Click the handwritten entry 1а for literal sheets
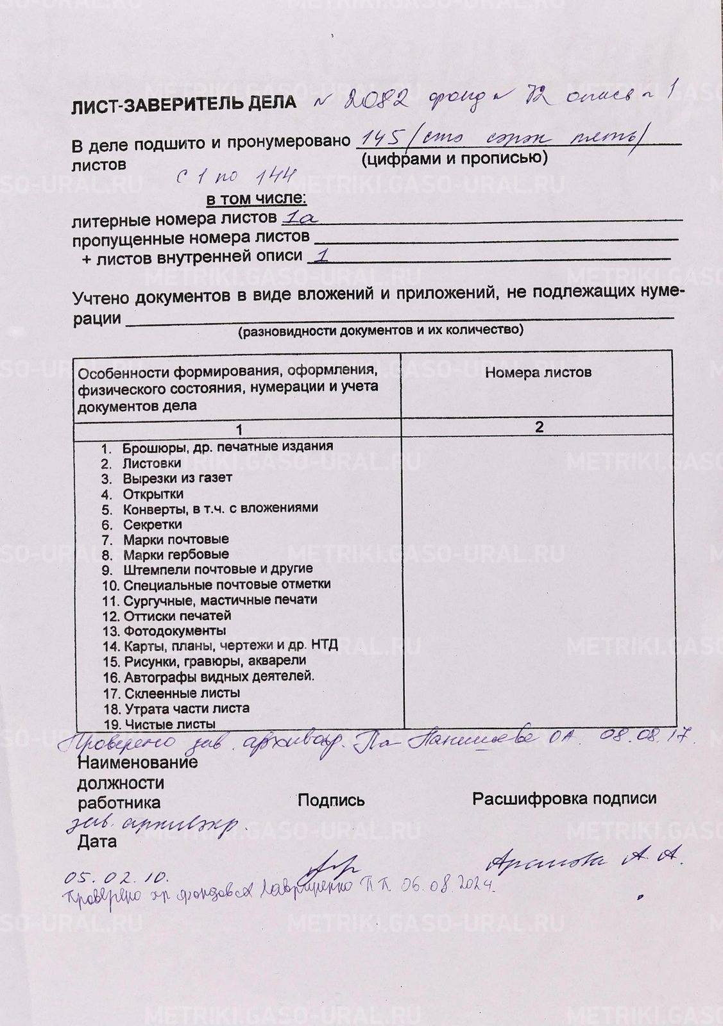tap(300, 218)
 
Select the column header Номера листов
tap(538, 373)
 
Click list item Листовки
tap(152, 463)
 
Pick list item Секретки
tap(152, 524)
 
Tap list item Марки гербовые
tap(175, 555)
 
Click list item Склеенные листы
tap(182, 693)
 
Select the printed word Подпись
tap(331, 800)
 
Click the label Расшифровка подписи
tap(564, 799)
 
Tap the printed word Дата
tap(97, 841)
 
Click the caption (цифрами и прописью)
tap(454, 158)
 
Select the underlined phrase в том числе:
tap(256, 199)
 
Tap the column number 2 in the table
tap(539, 427)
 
